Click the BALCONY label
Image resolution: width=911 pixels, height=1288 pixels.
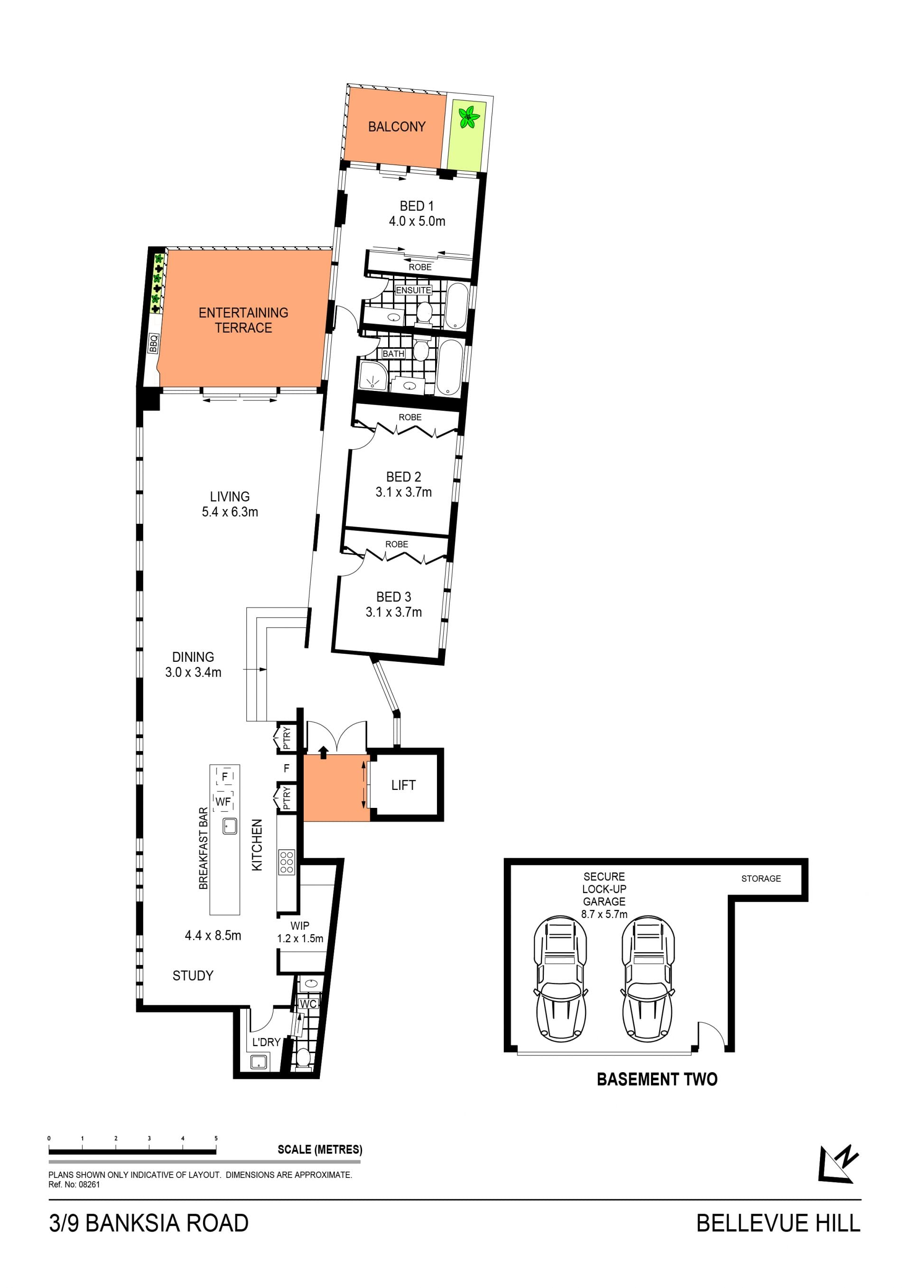coord(397,127)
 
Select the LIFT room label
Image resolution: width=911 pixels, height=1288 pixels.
coord(403,785)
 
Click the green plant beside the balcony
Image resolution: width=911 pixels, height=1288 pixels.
coord(469,117)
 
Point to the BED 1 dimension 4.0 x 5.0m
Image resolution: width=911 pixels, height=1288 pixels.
coord(417,221)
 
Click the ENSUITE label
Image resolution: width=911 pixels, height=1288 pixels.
coord(413,290)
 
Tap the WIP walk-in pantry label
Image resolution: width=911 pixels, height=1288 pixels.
coord(299,926)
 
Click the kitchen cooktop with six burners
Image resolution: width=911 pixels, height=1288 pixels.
coord(286,862)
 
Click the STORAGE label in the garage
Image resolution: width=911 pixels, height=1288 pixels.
coord(761,879)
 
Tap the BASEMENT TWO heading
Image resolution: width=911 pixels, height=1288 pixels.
coord(657,1079)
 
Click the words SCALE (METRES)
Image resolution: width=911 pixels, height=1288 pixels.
coord(320,1149)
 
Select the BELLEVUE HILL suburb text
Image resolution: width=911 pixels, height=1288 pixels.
coord(778,1223)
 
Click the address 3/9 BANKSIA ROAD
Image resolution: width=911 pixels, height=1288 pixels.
coord(149,1223)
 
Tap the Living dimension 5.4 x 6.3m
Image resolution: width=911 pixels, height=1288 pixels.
coord(230,511)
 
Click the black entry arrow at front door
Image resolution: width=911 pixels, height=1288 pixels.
coord(323,752)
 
